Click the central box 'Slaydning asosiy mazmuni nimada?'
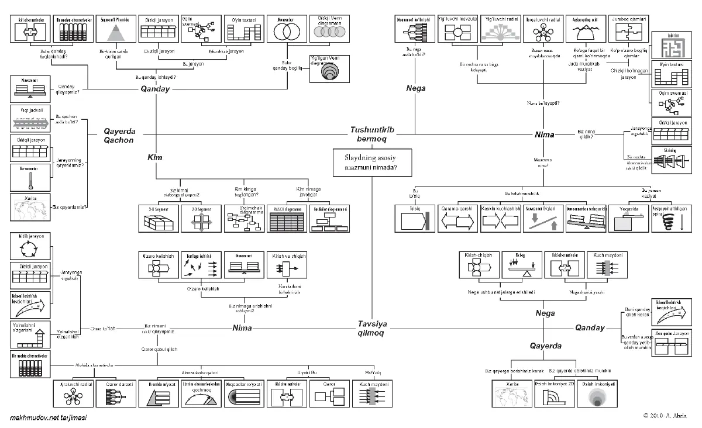(371, 162)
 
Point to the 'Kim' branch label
(154, 158)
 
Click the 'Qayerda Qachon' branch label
(119, 135)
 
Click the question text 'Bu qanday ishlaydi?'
(156, 77)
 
